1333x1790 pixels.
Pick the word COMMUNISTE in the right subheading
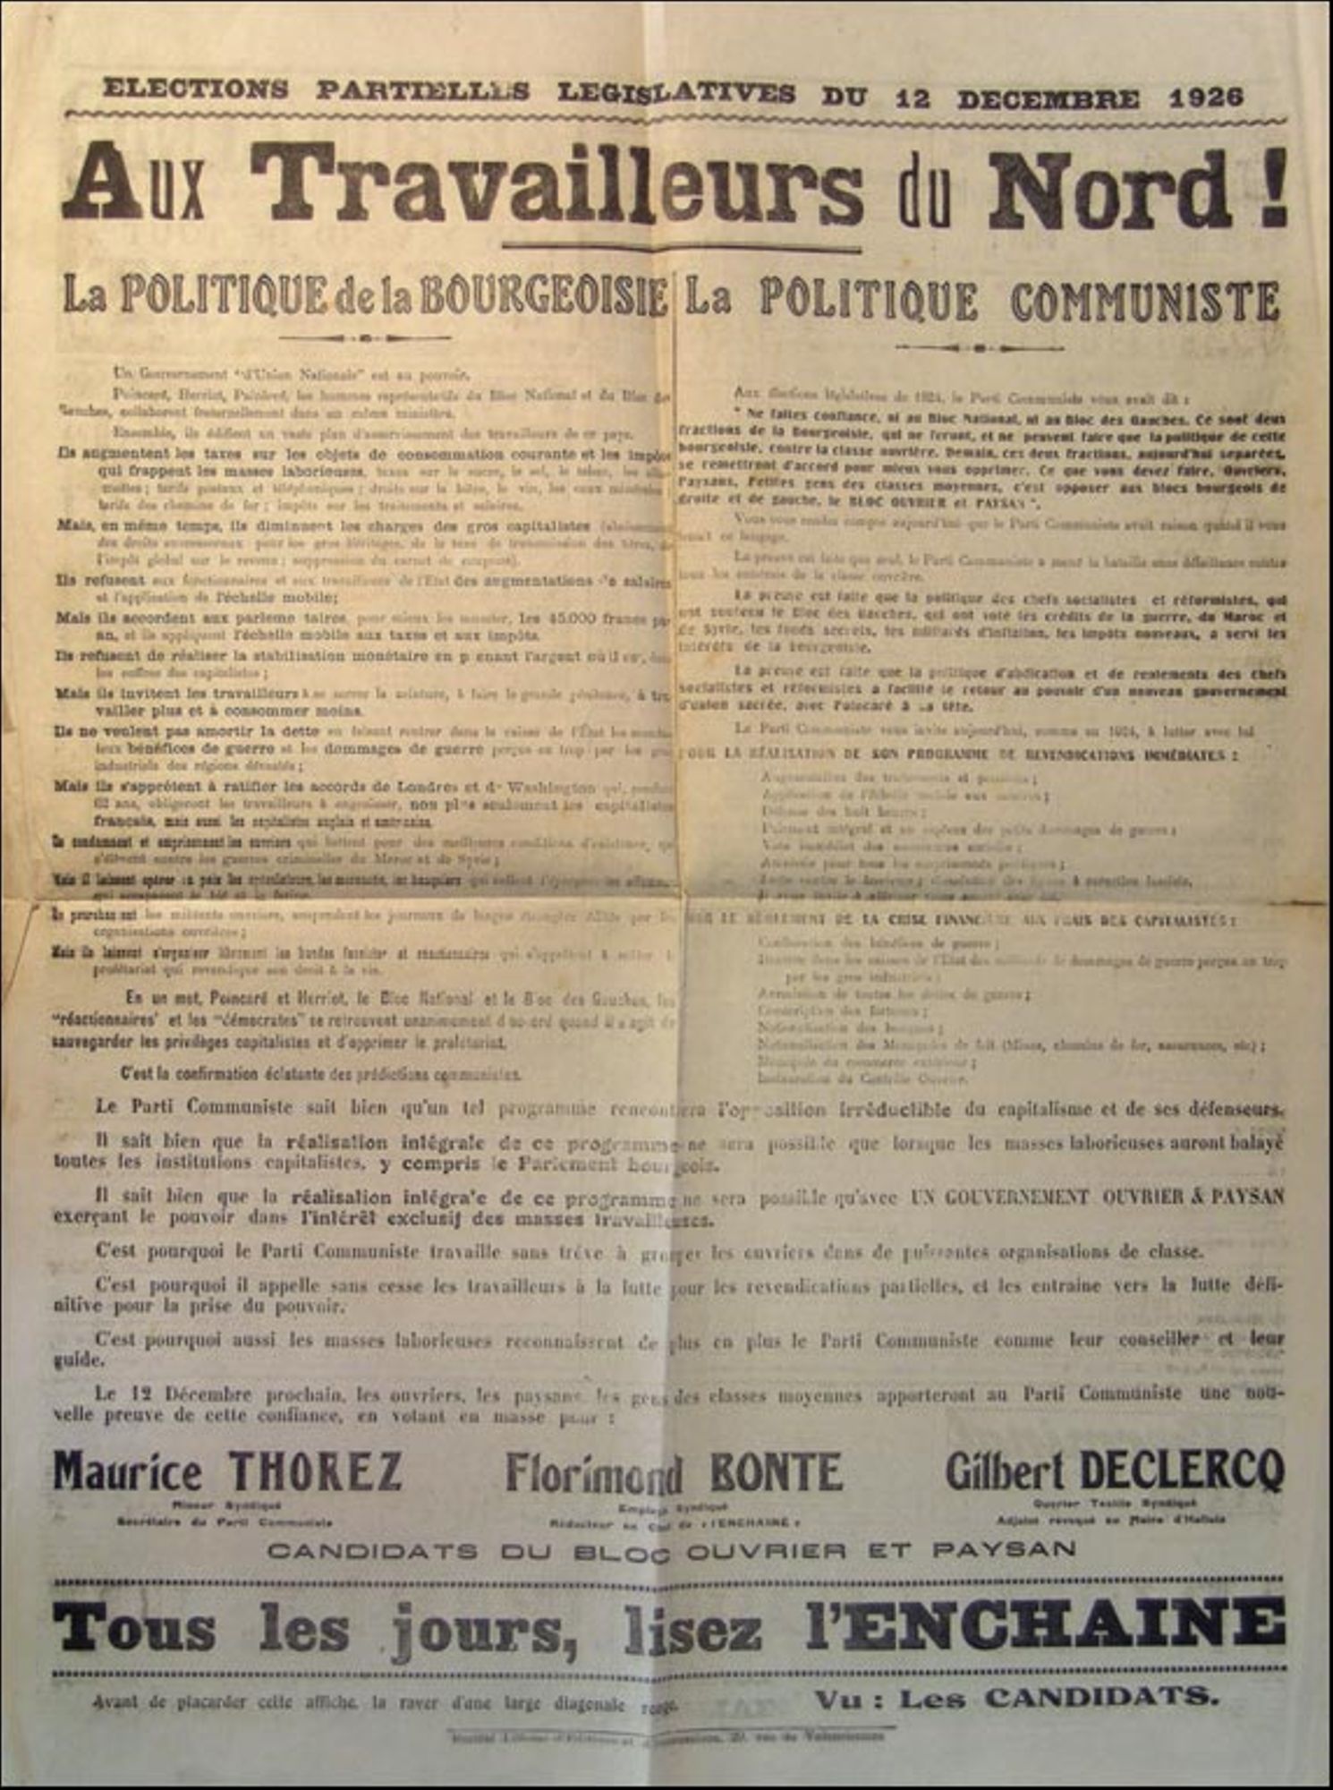(x=1144, y=303)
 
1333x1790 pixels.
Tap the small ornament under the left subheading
(x=365, y=338)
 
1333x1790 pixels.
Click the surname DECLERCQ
(x=1181, y=1469)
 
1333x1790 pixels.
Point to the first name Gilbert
(x=1006, y=1470)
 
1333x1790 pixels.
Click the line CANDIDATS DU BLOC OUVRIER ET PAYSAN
(x=671, y=1550)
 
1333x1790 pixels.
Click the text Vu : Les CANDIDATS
(x=1016, y=1697)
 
